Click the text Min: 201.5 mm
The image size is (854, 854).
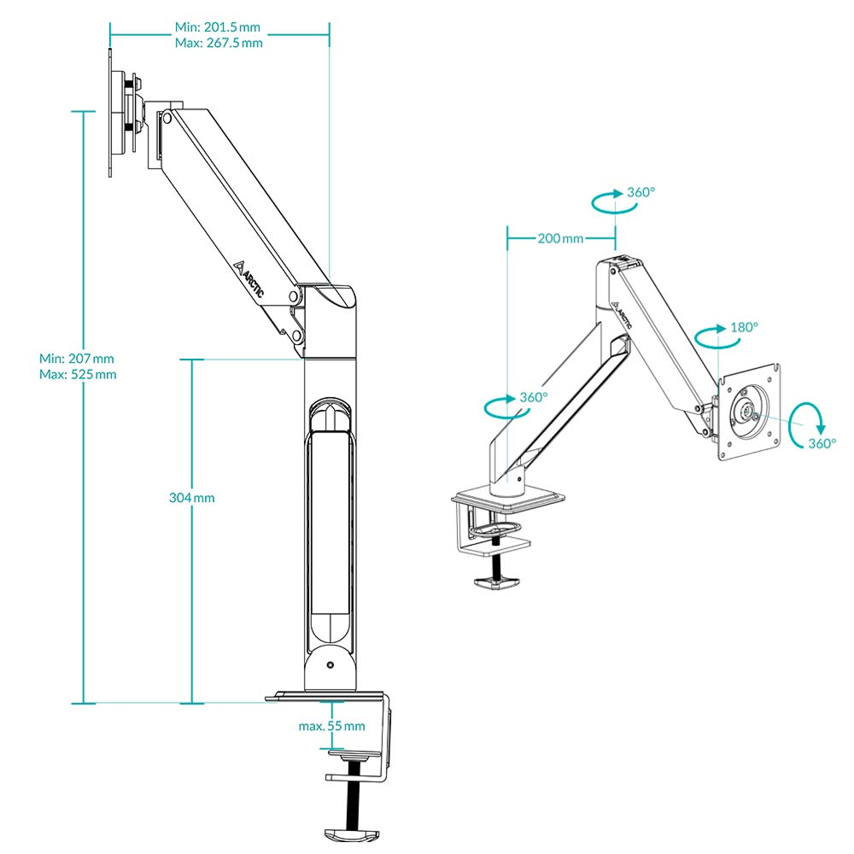click(x=219, y=26)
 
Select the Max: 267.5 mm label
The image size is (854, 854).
click(x=219, y=43)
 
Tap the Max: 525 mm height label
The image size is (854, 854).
click(x=78, y=374)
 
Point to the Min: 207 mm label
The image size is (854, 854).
click(x=77, y=358)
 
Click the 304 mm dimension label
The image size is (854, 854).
click(x=192, y=497)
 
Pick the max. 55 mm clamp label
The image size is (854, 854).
click(x=331, y=726)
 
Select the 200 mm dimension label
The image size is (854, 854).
click(x=561, y=238)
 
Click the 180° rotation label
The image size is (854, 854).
click(x=744, y=327)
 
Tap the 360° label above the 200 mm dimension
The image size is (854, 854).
click(x=640, y=192)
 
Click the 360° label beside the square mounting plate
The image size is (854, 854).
click(x=822, y=443)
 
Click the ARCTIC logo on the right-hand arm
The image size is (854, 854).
click(x=623, y=317)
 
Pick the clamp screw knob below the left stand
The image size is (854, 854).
click(x=348, y=833)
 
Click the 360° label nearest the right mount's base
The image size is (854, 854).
click(x=534, y=398)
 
